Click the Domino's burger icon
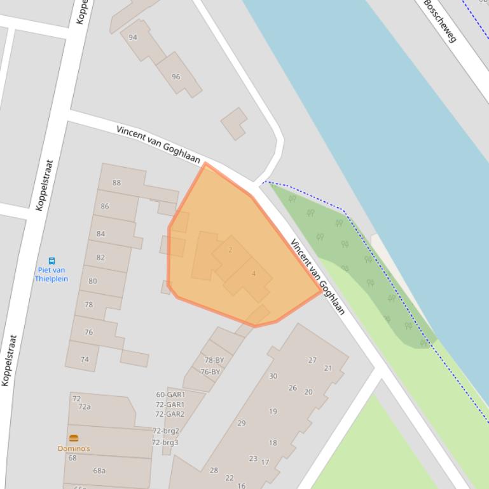pyautogui.click(x=74, y=438)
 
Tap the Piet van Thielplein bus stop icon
pyautogui.click(x=52, y=260)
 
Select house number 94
pyautogui.click(x=133, y=37)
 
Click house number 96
pyautogui.click(x=176, y=77)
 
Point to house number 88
pyautogui.click(x=116, y=183)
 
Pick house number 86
pyautogui.click(x=105, y=206)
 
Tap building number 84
pyautogui.click(x=100, y=234)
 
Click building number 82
pyautogui.click(x=100, y=258)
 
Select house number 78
pyautogui.click(x=88, y=305)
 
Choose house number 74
pyautogui.click(x=85, y=359)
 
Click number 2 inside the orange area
pyautogui.click(x=230, y=250)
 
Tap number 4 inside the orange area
pyautogui.click(x=254, y=274)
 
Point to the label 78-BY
pyautogui.click(x=214, y=360)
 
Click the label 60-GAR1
pyautogui.click(x=170, y=394)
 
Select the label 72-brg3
pyautogui.click(x=165, y=443)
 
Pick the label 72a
pyautogui.click(x=84, y=407)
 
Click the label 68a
pyautogui.click(x=99, y=471)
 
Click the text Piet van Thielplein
pyautogui.click(x=50, y=274)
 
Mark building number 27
pyautogui.click(x=312, y=360)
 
